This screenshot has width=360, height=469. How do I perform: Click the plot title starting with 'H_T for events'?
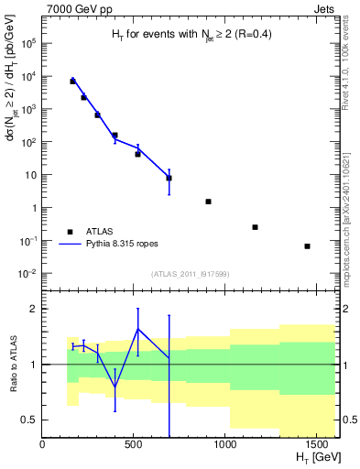(191, 36)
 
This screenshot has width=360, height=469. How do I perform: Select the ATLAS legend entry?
(96, 232)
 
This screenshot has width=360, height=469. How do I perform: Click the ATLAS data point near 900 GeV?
(209, 202)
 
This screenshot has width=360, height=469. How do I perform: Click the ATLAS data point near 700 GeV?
(169, 178)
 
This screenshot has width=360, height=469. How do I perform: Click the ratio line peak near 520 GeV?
(138, 329)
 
